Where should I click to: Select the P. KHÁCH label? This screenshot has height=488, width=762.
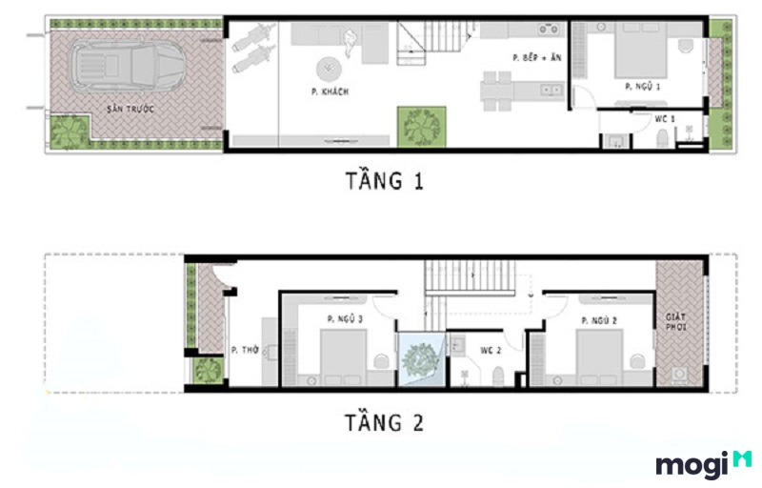(329, 91)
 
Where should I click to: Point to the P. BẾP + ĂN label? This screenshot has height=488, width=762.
(536, 58)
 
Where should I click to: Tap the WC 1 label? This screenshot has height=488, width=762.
(665, 119)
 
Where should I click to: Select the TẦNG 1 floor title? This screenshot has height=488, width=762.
(384, 180)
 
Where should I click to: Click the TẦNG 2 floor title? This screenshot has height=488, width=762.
(384, 421)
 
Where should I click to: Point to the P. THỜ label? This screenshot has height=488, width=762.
(245, 350)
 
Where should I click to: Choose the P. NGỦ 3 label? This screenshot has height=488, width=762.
(345, 318)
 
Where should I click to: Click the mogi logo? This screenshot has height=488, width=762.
(703, 464)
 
